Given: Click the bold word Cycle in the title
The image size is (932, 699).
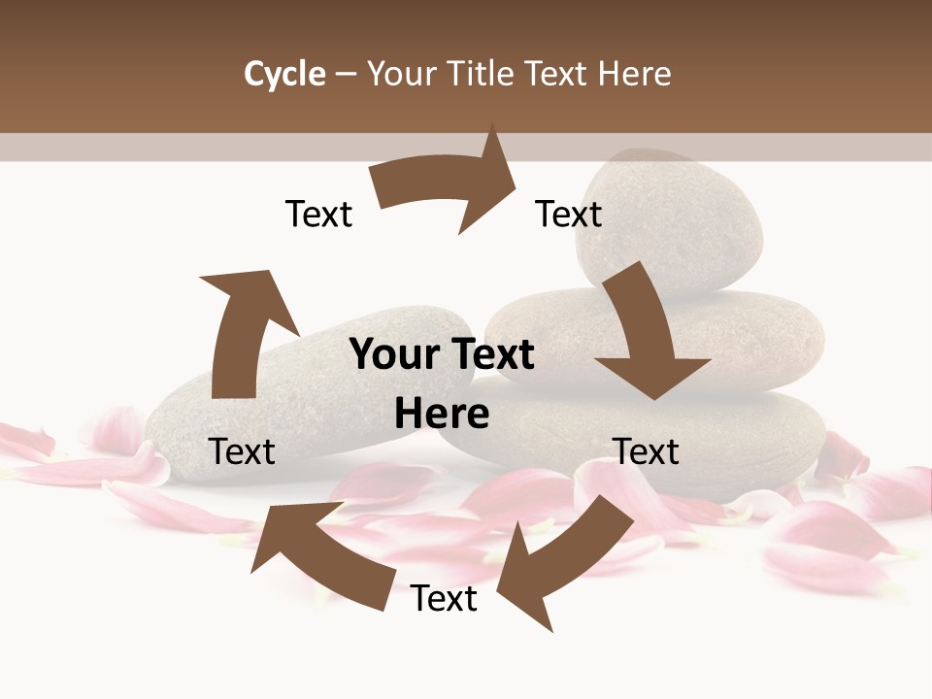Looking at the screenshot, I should (284, 74).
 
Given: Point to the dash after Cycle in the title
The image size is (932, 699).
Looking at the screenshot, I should (346, 75).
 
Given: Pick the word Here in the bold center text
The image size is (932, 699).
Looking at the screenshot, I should (442, 415).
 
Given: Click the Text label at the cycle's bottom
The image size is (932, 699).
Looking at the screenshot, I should (444, 598).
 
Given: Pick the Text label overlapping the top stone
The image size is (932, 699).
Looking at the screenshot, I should (569, 214).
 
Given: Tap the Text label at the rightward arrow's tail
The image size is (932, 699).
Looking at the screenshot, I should (318, 214).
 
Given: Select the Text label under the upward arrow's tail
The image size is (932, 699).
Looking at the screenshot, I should (242, 451).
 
